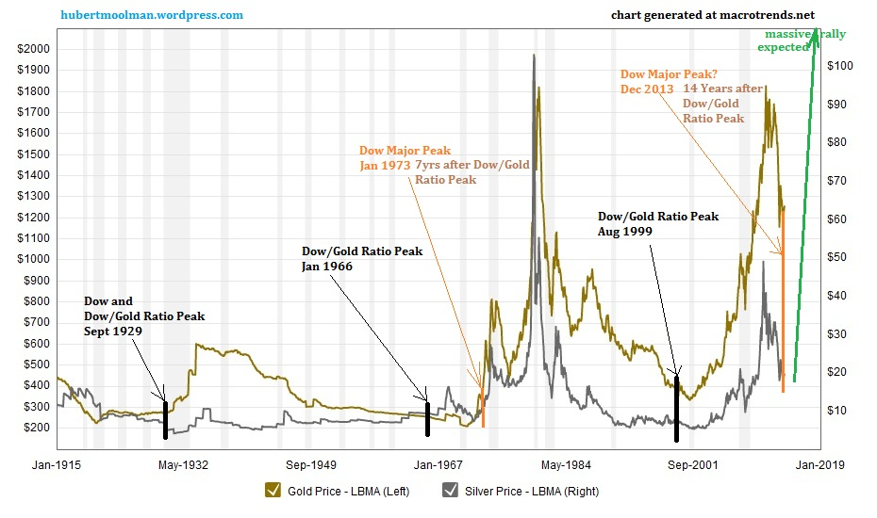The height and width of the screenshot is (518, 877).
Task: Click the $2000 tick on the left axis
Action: tap(34, 49)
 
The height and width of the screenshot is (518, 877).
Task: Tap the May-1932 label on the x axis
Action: tap(183, 464)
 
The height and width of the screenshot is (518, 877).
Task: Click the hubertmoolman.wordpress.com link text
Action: tap(152, 15)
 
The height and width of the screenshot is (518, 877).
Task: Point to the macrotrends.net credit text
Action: tap(713, 15)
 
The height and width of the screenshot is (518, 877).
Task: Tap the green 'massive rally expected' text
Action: tap(803, 40)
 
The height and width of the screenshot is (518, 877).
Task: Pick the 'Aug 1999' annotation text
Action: tap(625, 231)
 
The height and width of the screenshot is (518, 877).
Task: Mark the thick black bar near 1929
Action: tap(165, 419)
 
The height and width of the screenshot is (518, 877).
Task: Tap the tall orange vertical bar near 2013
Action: tap(783, 311)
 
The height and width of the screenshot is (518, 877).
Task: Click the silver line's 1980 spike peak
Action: tap(534, 56)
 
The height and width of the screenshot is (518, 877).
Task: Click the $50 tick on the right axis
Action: tap(836, 257)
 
